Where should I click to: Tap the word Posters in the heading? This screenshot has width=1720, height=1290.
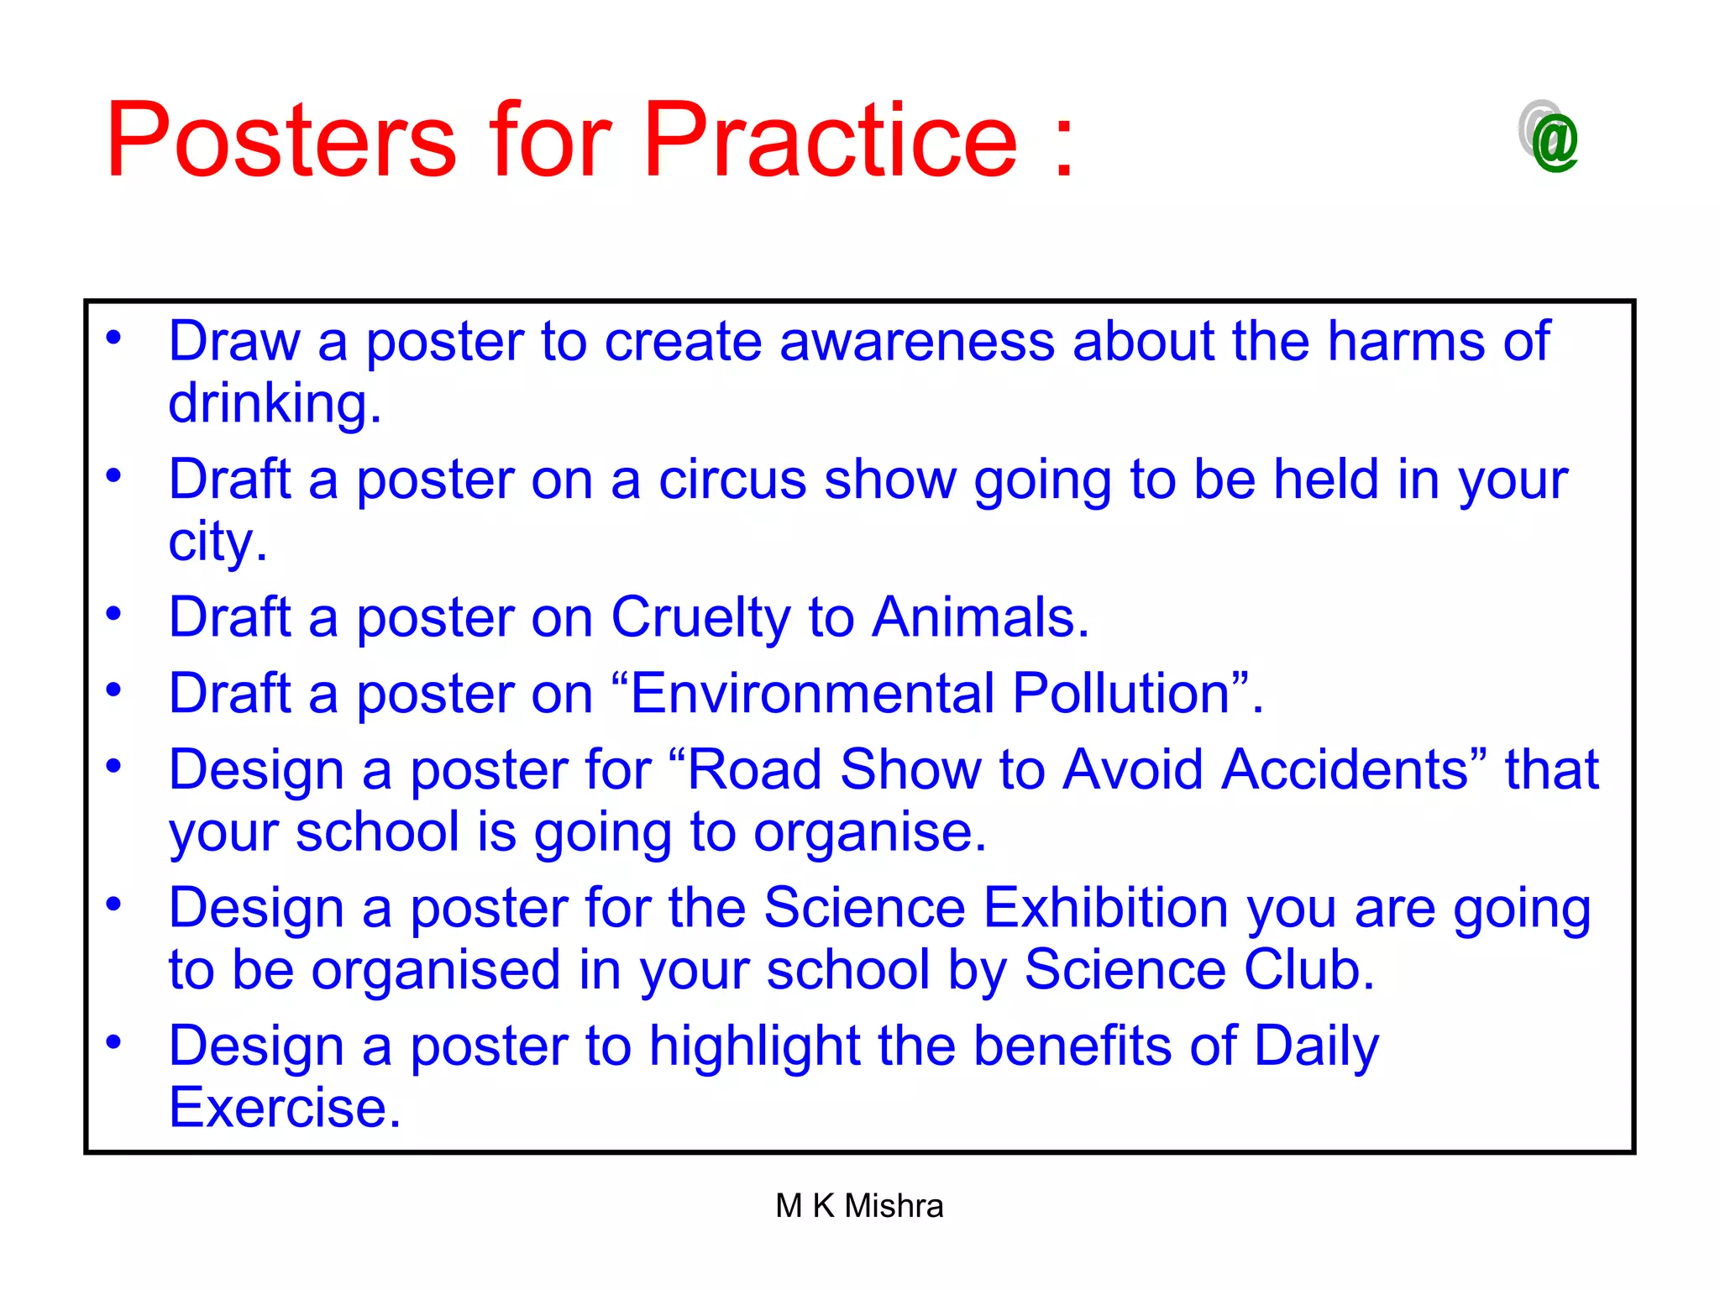pyautogui.click(x=281, y=140)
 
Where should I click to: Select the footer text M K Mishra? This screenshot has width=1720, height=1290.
pyautogui.click(x=859, y=1206)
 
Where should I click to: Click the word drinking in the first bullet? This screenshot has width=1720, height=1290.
pyautogui.click(x=274, y=404)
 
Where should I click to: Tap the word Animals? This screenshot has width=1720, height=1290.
pyautogui.click(x=978, y=617)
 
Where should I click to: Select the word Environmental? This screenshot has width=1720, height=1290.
pyautogui.click(x=811, y=694)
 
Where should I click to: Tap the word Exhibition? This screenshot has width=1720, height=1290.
pyautogui.click(x=1106, y=908)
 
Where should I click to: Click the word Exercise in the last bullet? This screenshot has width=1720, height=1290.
pyautogui.click(x=284, y=1108)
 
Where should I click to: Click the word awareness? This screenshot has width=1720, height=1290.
pyautogui.click(x=916, y=342)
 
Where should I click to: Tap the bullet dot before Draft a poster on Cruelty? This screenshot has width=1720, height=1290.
pyautogui.click(x=113, y=613)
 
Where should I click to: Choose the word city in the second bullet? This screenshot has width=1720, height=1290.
pyautogui.click(x=216, y=543)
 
